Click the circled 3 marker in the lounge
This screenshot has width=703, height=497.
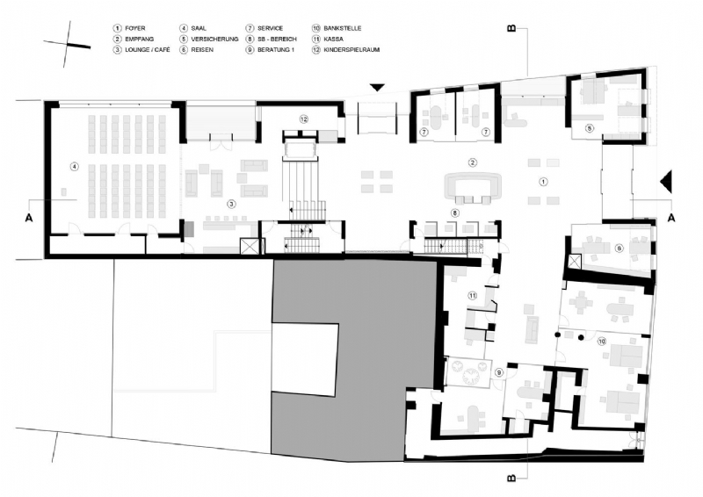(x=231, y=204)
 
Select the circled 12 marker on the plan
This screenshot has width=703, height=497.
(x=303, y=119)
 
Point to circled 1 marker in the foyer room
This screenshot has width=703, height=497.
(x=542, y=182)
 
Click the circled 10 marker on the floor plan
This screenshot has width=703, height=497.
(x=601, y=340)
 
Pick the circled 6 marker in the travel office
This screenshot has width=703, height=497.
(x=619, y=248)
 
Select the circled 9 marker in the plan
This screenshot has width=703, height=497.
(x=499, y=373)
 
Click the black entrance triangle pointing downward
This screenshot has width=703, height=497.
(x=377, y=87)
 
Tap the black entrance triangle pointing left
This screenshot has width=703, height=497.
(x=665, y=181)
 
